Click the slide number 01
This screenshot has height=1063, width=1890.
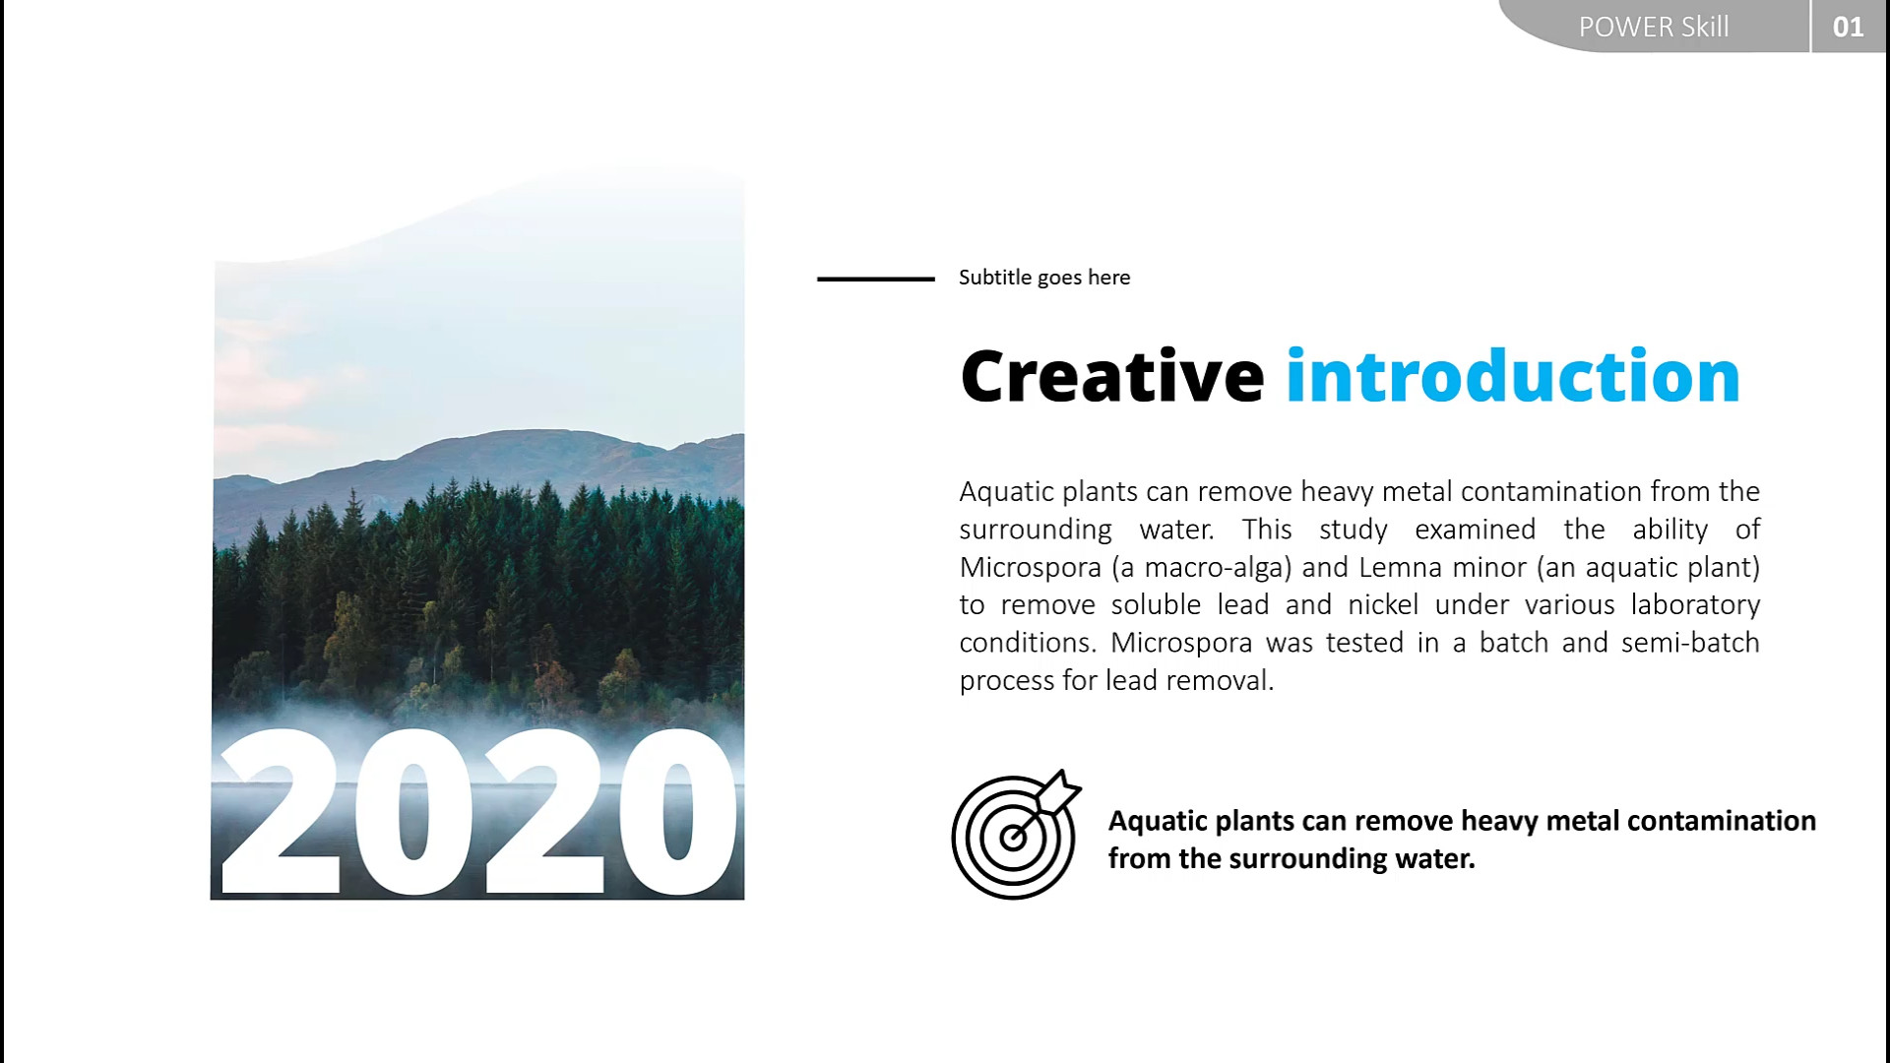click(1848, 27)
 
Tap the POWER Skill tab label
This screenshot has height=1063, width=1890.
click(1654, 27)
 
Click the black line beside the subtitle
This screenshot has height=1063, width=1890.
click(876, 279)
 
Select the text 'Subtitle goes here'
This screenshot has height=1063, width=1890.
click(1044, 278)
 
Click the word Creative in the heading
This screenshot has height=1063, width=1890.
click(1112, 376)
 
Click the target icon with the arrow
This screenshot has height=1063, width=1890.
click(1016, 835)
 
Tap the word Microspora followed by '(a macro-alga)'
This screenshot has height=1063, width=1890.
click(1031, 568)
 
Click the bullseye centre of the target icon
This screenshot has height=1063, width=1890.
click(1012, 839)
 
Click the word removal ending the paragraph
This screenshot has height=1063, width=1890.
click(1221, 680)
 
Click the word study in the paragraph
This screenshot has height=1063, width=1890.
click(1354, 531)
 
